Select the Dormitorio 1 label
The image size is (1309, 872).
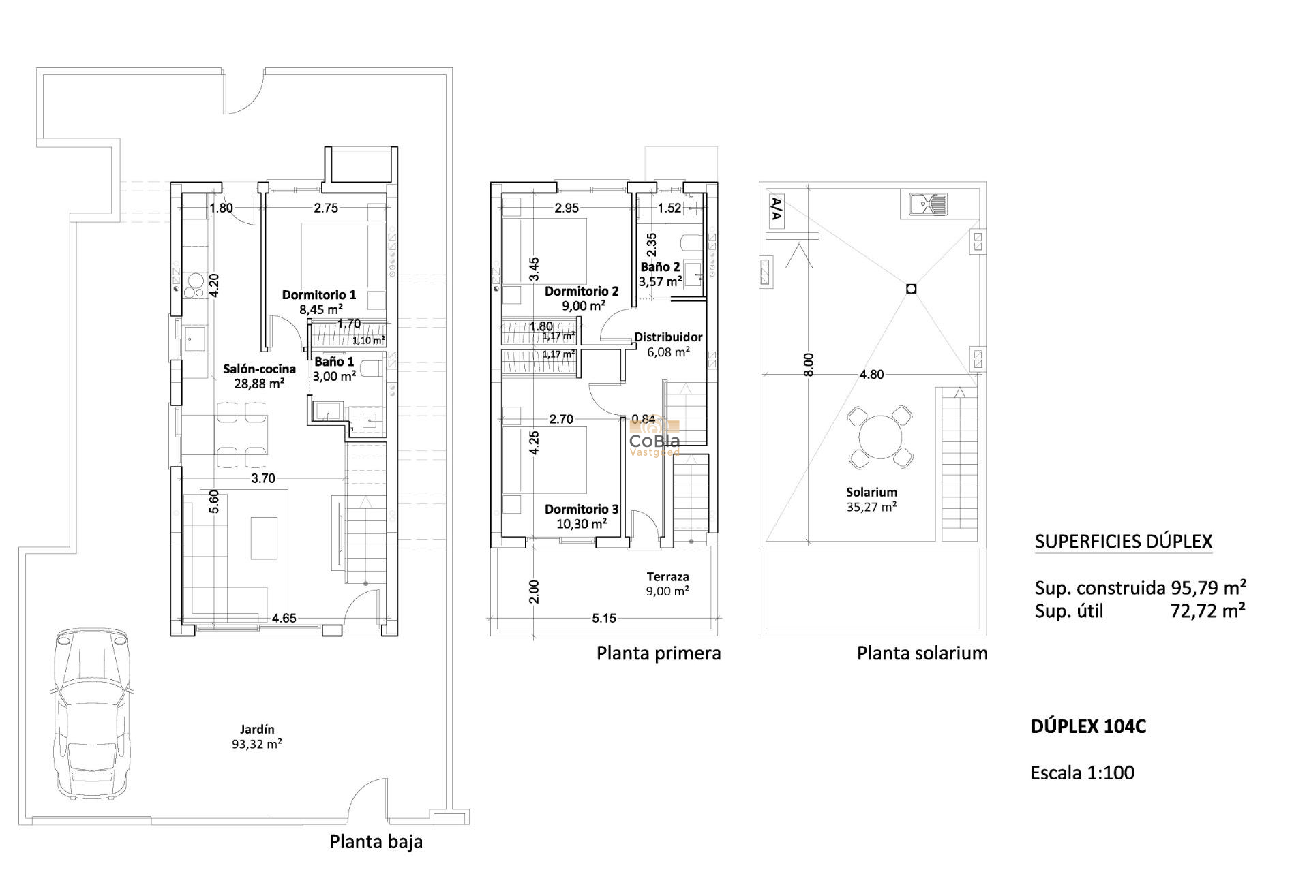click(319, 302)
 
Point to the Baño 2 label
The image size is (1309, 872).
click(660, 274)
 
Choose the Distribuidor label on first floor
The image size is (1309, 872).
click(668, 344)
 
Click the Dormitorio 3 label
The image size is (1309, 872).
click(582, 516)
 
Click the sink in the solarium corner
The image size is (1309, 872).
click(928, 204)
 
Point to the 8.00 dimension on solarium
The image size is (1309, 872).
click(809, 364)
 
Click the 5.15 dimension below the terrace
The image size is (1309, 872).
click(604, 619)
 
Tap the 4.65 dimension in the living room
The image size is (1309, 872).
click(284, 619)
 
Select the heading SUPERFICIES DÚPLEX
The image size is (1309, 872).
click(1123, 542)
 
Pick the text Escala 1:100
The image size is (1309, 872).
click(1082, 773)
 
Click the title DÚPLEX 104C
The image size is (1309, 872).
click(1088, 727)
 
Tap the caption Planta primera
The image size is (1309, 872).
click(658, 654)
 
